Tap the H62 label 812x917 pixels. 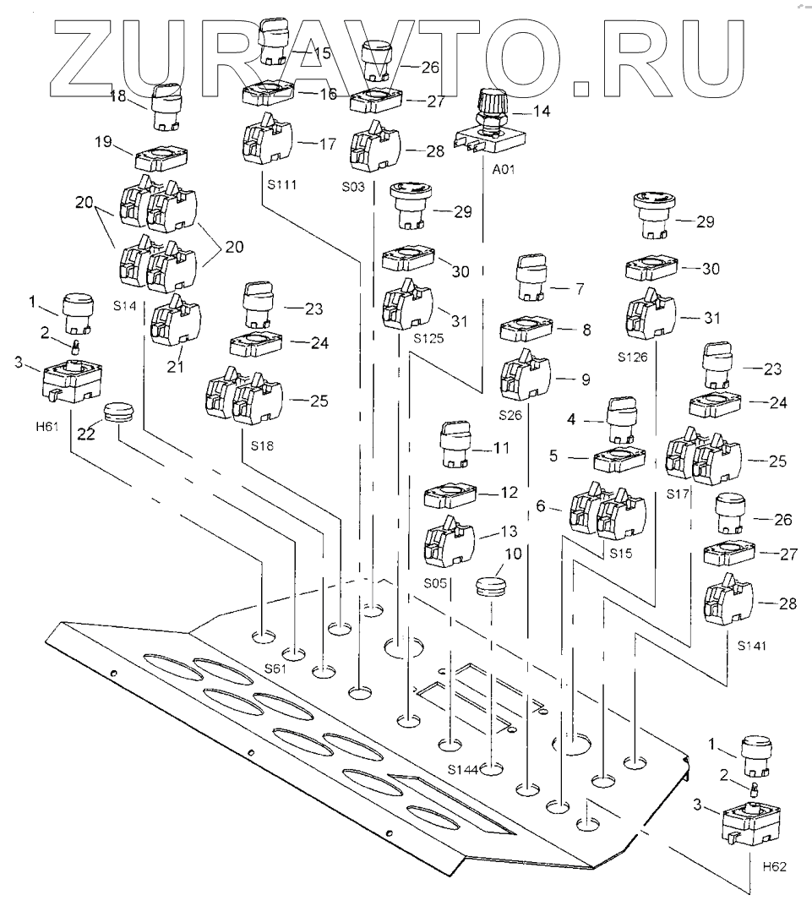[774, 867]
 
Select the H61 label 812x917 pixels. [46, 425]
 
